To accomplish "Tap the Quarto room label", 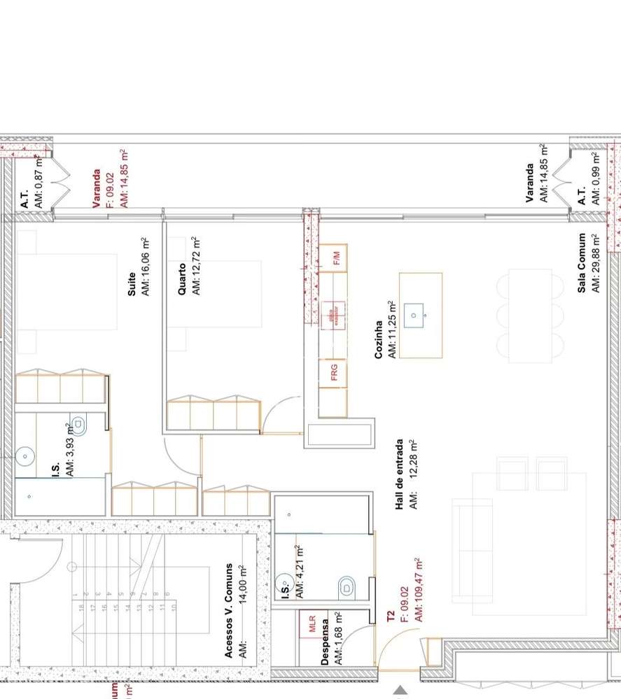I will pyautogui.click(x=182, y=278).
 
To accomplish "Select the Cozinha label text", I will pyautogui.click(x=379, y=340).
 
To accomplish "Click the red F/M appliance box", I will pyautogui.click(x=335, y=258).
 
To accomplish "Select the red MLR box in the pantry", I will pyautogui.click(x=312, y=623).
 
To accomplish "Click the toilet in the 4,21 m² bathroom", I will pyautogui.click(x=348, y=586).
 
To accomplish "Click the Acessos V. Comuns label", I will pyautogui.click(x=229, y=610).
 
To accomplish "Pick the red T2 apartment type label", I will pyautogui.click(x=391, y=616).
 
